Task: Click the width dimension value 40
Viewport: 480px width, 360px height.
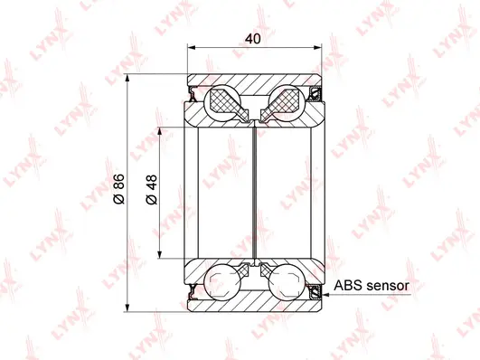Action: click(x=255, y=40)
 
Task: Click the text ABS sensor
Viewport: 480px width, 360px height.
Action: click(x=372, y=285)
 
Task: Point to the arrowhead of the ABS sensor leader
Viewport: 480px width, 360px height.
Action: click(x=321, y=289)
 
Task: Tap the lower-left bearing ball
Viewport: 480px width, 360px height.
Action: click(x=221, y=280)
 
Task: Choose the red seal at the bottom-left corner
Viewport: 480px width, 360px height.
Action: click(x=193, y=291)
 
